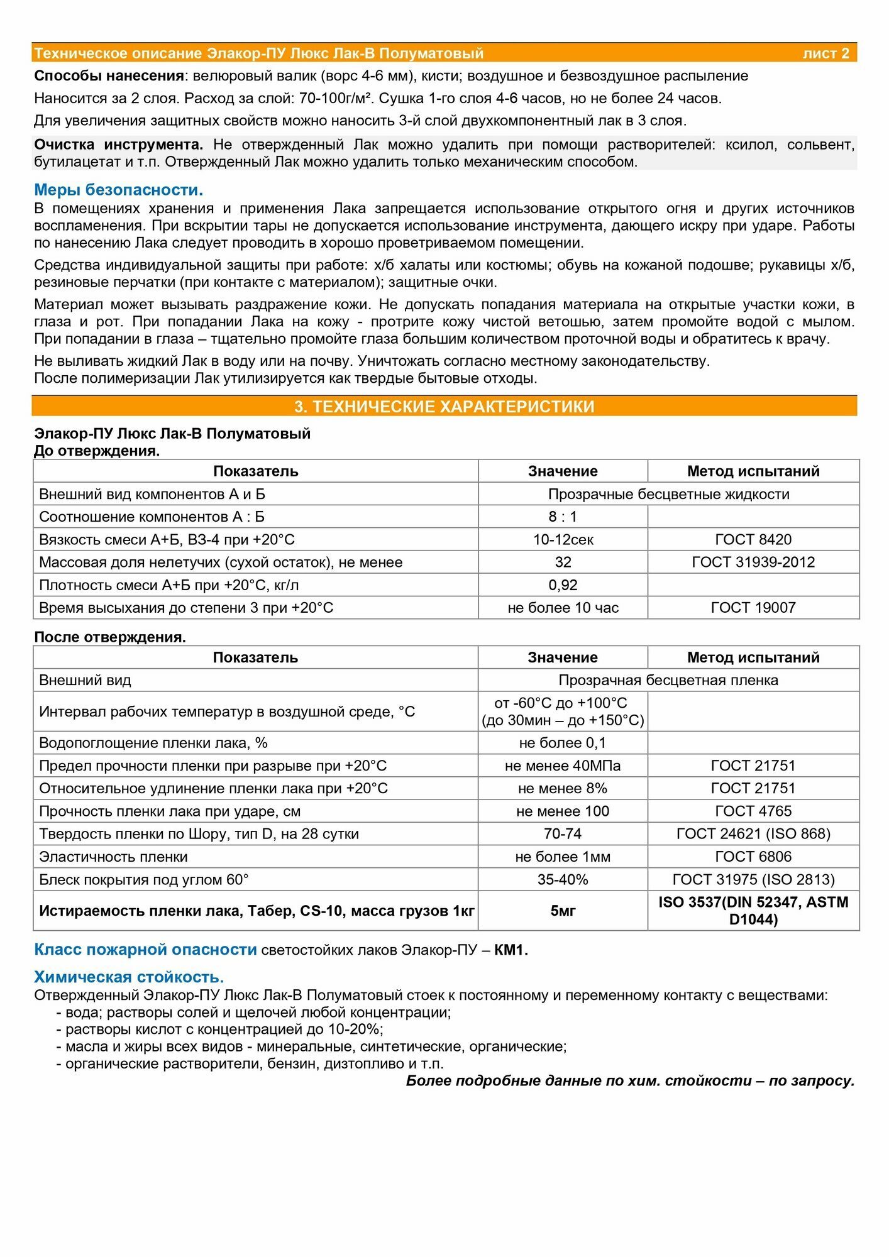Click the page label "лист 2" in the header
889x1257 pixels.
[x=825, y=53]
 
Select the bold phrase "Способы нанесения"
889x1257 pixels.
[x=108, y=76]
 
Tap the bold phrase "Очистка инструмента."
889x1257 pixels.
[x=118, y=145]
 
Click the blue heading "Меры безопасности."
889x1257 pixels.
[x=118, y=190]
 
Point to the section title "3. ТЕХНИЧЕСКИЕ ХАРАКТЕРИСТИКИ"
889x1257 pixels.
[x=444, y=407]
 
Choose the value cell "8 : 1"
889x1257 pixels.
[x=563, y=517]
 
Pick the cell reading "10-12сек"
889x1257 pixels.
[x=563, y=539]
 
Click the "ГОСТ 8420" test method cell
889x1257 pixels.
[x=753, y=539]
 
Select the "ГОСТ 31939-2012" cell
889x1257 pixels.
[x=753, y=562]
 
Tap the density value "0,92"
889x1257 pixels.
[x=563, y=585]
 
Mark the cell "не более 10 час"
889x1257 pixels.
[x=563, y=608]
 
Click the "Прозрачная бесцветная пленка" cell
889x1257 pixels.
[x=668, y=680]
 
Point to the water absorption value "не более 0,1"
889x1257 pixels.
[x=563, y=743]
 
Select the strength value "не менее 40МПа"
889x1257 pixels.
[x=563, y=766]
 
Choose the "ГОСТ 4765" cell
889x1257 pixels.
[x=753, y=811]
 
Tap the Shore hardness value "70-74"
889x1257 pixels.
[x=563, y=834]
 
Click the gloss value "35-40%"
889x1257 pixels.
[x=563, y=879]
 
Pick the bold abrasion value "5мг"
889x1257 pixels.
[x=563, y=911]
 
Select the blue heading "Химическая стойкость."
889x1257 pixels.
[x=129, y=977]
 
